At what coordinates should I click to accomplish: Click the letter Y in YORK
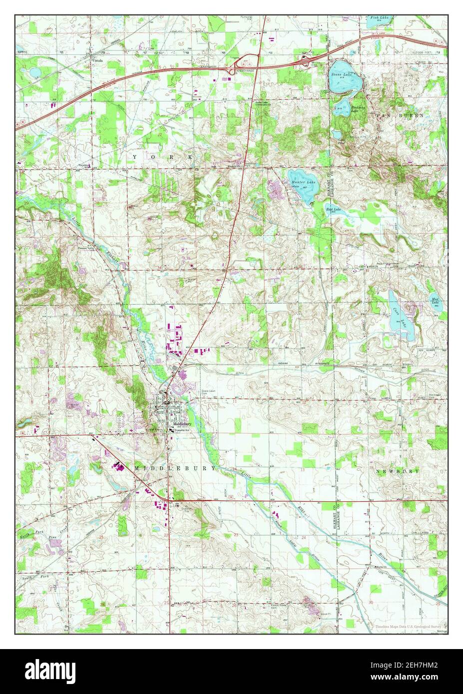[135, 158]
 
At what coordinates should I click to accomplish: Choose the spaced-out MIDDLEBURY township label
[175, 468]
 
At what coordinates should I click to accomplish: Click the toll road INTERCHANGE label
[246, 70]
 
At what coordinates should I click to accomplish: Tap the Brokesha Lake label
[358, 108]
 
